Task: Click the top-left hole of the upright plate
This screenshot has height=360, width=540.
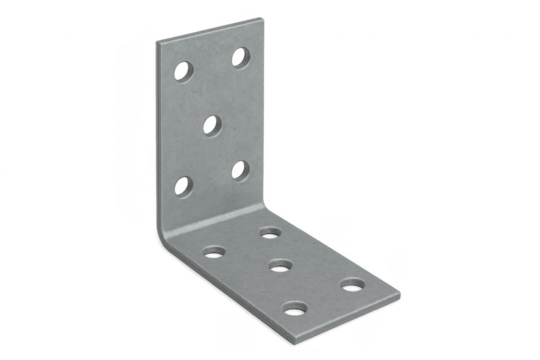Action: (x=183, y=71)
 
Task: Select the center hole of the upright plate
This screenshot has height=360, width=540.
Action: (x=213, y=125)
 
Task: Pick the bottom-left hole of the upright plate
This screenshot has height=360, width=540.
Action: (x=184, y=183)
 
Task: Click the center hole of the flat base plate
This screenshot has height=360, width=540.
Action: (x=281, y=268)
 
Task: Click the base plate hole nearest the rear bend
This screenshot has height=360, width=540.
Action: (x=269, y=233)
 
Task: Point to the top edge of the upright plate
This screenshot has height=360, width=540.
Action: (x=210, y=27)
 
